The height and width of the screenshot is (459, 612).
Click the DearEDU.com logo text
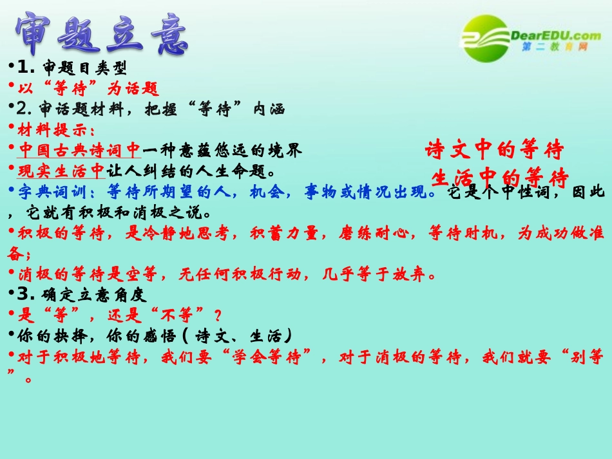[x=555, y=35]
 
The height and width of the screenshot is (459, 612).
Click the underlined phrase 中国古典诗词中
[x=79, y=151]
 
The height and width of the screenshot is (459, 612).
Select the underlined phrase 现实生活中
[x=61, y=171]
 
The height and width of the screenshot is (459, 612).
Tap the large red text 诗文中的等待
[x=494, y=151]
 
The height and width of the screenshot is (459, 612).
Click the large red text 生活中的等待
[x=499, y=177]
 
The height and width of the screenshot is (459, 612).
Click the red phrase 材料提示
[x=52, y=129]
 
